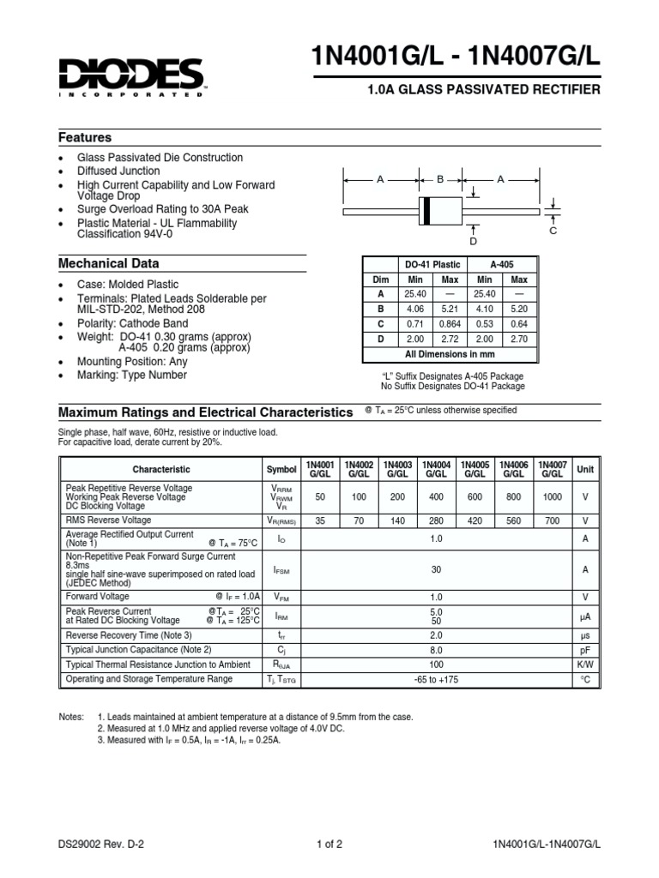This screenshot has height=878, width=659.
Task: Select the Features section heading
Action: (85, 137)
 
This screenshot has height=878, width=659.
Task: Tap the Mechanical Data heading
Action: (108, 263)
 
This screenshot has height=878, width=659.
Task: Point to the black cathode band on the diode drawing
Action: (426, 209)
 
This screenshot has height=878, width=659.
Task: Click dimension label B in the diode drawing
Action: (439, 180)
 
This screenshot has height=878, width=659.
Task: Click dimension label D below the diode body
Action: (473, 242)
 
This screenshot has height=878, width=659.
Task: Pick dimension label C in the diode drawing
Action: (553, 232)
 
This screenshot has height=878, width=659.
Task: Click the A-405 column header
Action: (502, 265)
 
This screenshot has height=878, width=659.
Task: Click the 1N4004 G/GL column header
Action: (436, 469)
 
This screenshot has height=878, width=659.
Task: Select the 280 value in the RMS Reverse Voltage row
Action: (436, 520)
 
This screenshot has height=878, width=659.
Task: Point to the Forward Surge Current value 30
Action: (436, 568)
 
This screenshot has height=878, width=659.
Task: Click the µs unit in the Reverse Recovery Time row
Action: (585, 635)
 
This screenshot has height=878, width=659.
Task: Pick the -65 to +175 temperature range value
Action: (436, 679)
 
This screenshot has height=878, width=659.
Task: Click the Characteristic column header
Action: (161, 470)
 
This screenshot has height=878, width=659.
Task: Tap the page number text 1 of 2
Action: (329, 844)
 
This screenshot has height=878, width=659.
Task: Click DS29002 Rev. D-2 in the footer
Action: (101, 844)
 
